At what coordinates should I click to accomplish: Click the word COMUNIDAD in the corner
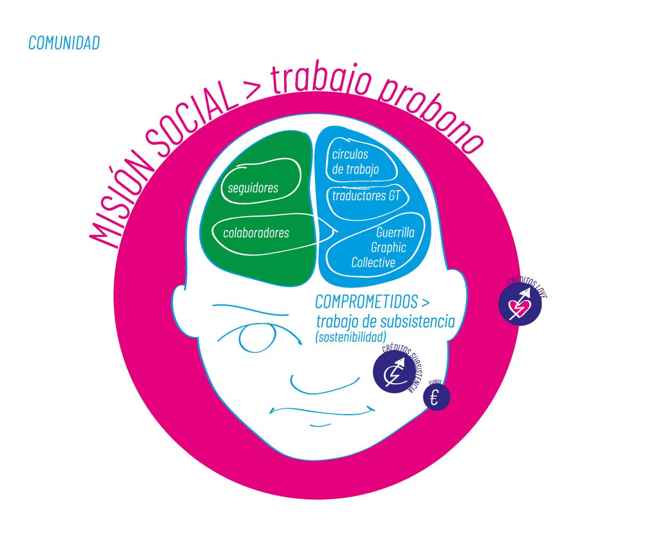(64, 43)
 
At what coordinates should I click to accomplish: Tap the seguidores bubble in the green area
(253, 187)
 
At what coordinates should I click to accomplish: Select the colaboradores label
(256, 233)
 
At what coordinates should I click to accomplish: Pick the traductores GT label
(366, 196)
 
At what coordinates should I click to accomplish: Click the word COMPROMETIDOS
(367, 302)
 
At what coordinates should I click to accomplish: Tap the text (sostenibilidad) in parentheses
(351, 337)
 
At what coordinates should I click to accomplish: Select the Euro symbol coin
(436, 397)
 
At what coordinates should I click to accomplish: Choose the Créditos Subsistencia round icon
(394, 372)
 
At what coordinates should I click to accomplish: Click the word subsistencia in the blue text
(418, 322)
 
